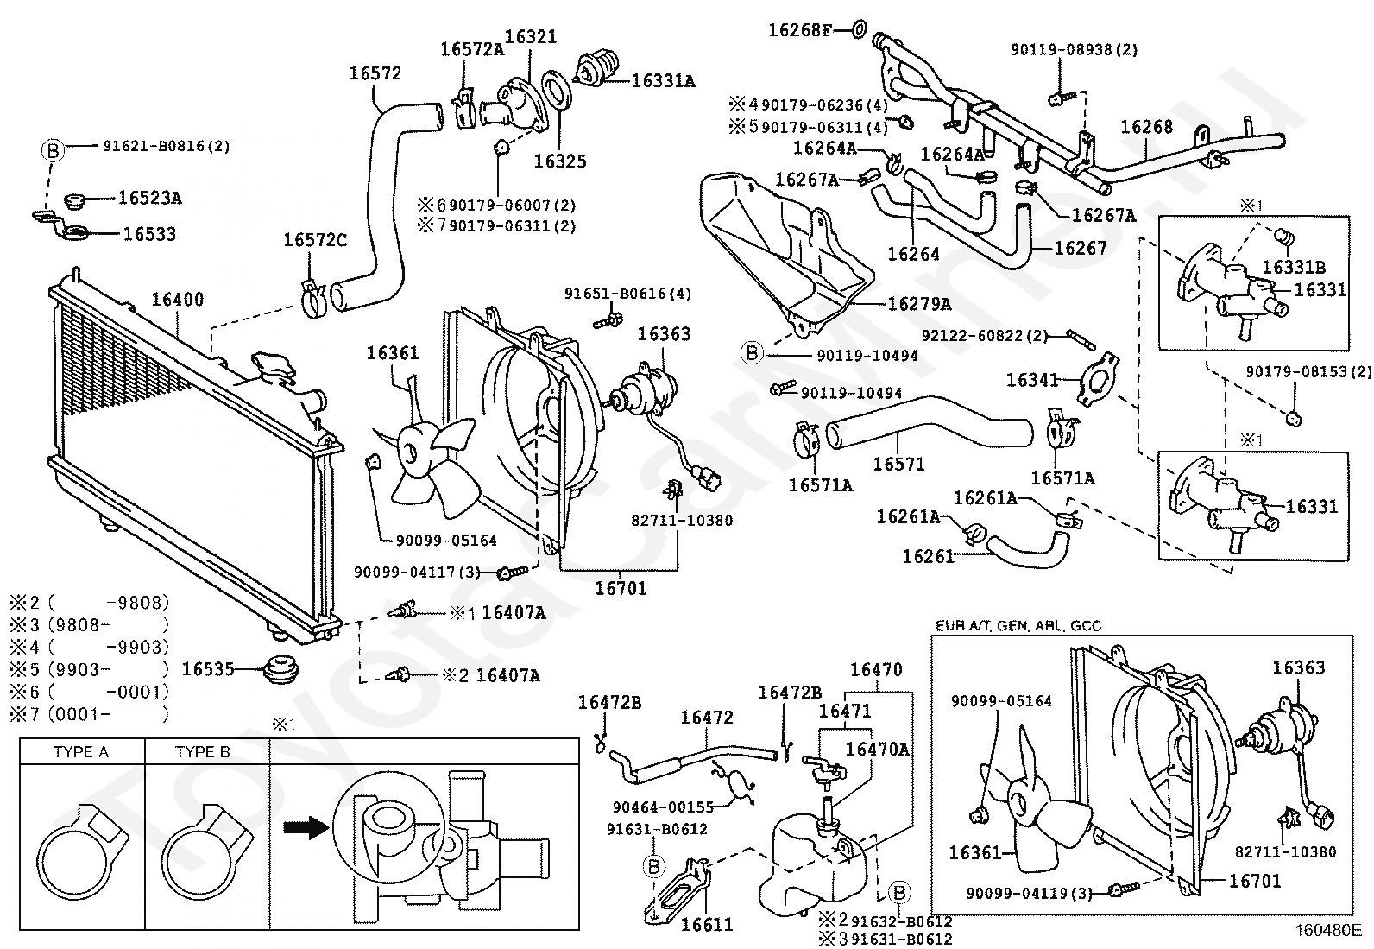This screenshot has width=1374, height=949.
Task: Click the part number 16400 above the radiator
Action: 177,300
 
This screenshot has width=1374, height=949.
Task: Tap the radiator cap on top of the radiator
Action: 272,367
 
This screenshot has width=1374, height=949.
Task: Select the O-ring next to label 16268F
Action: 860,28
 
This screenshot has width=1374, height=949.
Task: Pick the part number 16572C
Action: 315,240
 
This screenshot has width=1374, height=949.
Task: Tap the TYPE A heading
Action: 81,752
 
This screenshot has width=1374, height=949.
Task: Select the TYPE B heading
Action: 203,752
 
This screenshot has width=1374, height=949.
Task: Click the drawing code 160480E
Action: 1328,931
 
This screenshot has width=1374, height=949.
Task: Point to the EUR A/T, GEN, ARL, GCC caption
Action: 1018,625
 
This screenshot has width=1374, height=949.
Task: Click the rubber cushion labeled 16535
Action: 280,669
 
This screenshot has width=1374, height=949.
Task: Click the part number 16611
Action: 707,925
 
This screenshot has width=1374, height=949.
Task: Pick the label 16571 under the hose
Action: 898,464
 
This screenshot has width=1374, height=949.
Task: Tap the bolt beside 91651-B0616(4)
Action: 608,319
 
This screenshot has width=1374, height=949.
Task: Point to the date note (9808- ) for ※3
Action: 107,625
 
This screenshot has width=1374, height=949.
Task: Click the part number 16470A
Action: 877,750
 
